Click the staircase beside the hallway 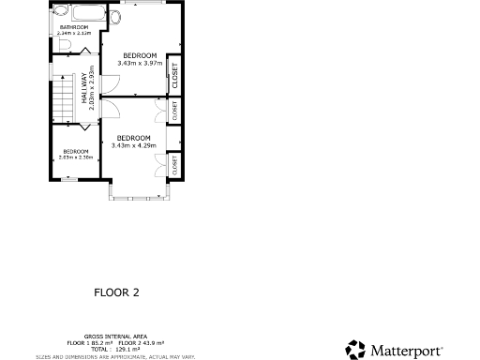(x=64, y=99)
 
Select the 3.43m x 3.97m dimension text (x=140, y=63)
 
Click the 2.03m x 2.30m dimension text (x=75, y=157)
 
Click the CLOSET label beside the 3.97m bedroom (x=173, y=75)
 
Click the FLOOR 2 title (x=116, y=292)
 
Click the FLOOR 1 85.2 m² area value (x=91, y=341)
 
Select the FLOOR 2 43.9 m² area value (x=142, y=341)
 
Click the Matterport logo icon (x=355, y=349)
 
